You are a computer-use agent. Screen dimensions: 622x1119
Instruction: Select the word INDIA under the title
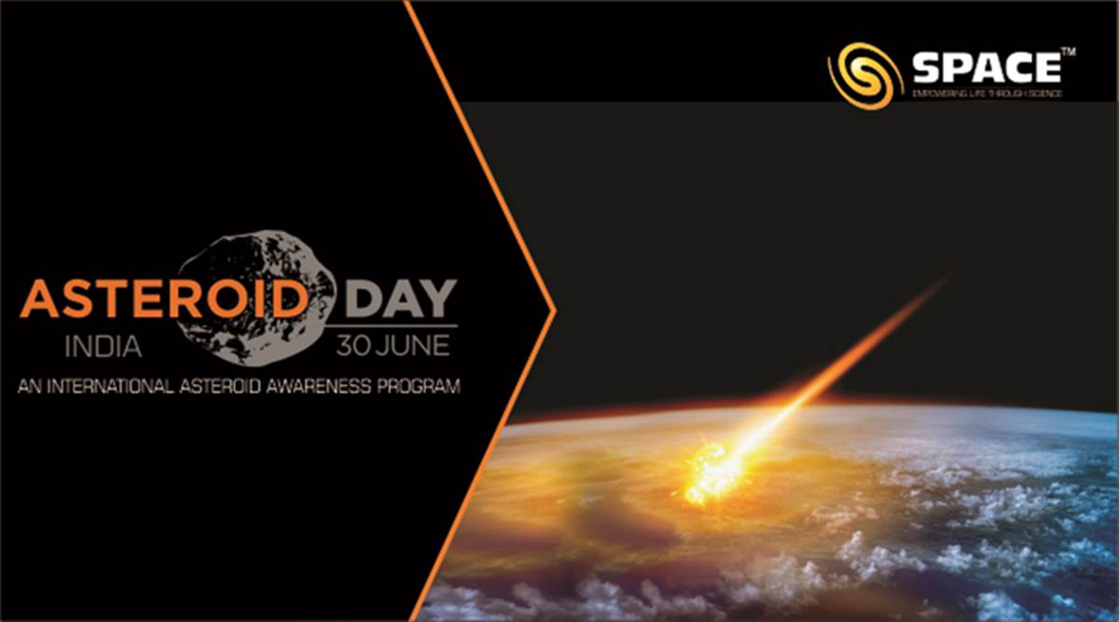tap(104, 347)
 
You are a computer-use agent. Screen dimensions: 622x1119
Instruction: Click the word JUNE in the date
tap(414, 346)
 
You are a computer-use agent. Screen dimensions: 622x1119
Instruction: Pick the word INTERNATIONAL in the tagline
tap(107, 386)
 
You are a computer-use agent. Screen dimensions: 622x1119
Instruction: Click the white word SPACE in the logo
tap(987, 69)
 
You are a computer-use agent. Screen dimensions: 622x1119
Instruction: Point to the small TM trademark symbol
tap(1069, 53)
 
